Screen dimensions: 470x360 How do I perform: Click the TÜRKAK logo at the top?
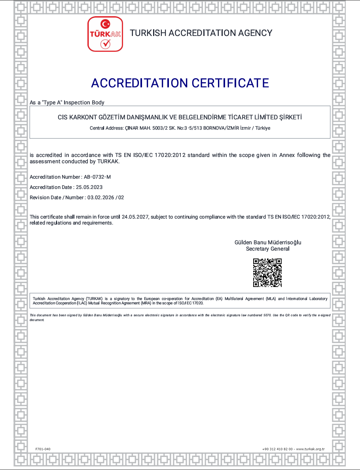tap(105, 34)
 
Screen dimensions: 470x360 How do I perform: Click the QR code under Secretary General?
tap(267, 272)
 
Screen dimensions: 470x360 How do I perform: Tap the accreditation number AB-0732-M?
tap(97, 177)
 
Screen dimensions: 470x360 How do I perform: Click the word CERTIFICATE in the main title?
tap(230, 83)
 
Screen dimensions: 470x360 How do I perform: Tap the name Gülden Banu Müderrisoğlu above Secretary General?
tap(268, 242)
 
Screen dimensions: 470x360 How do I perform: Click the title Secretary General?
tap(268, 249)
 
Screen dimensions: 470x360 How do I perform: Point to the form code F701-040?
tap(43, 449)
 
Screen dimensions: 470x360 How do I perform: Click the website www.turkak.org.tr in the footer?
tap(311, 449)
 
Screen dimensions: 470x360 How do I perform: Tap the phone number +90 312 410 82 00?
tap(277, 449)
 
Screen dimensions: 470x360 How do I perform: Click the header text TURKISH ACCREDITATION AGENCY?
tap(201, 33)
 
